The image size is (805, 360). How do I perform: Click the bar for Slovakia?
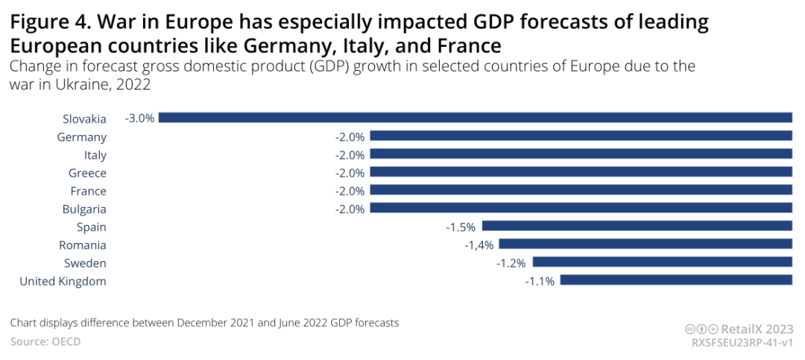[475, 118]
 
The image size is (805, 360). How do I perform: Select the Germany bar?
[581, 136]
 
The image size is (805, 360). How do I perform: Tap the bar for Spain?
[637, 227]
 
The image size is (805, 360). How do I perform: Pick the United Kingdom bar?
[675, 281]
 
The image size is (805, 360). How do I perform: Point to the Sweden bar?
[662, 263]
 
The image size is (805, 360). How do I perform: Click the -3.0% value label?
[139, 118]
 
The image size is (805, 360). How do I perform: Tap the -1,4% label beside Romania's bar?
[479, 244]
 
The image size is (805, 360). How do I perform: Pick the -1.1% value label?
[540, 281]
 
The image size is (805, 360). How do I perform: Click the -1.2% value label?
[512, 263]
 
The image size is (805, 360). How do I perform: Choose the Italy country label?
[95, 155]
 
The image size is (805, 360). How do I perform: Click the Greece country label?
[87, 173]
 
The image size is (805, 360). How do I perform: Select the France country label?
[88, 191]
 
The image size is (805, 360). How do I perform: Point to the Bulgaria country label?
[84, 209]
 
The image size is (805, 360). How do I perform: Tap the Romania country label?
[83, 245]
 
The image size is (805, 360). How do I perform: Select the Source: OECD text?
[45, 341]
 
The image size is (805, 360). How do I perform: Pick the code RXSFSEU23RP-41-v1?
[742, 342]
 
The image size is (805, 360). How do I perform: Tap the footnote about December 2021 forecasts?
[205, 323]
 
